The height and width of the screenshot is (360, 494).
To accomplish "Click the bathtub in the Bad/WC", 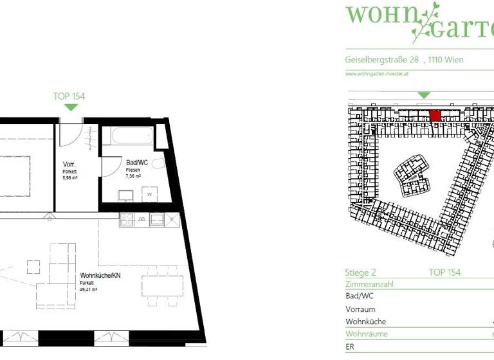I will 132,136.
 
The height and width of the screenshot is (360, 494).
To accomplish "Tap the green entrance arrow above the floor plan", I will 70,107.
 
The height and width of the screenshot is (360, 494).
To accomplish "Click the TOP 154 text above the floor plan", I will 69,96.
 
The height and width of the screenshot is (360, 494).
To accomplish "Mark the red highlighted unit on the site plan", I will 435,116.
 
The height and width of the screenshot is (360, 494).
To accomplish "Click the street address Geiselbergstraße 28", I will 382,60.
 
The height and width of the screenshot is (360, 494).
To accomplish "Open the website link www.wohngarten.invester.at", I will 377,74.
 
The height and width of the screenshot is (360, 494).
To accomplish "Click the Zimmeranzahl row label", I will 369,283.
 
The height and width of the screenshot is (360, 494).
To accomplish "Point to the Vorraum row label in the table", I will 360,309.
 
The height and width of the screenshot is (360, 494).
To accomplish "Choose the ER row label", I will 350,346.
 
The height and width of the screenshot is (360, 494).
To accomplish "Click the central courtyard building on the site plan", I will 412,174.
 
